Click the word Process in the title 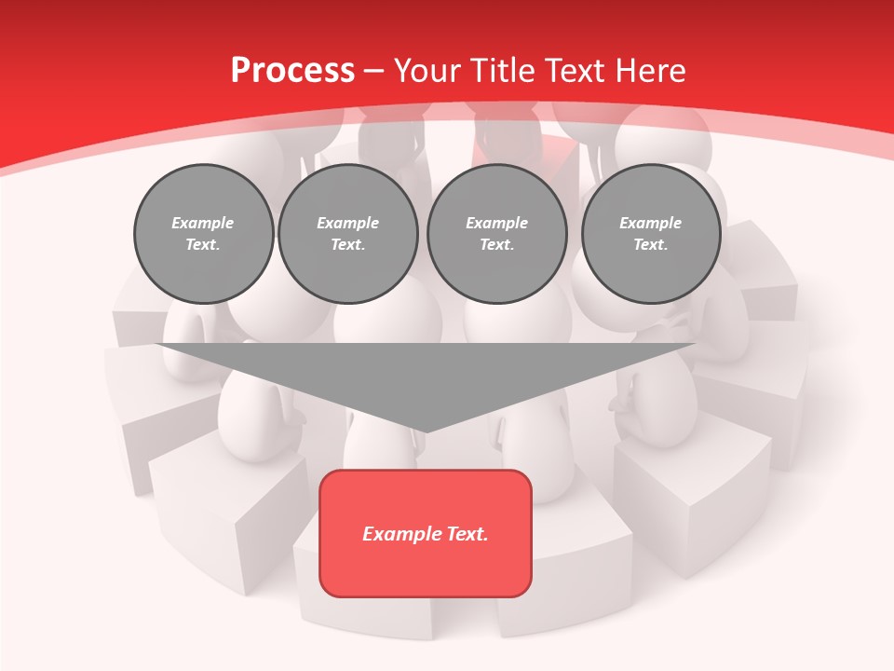pos(292,71)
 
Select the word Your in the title pos(426,71)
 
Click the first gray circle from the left pos(204,234)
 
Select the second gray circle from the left pos(348,234)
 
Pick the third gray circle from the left pos(497,234)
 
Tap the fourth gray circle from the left pos(651,234)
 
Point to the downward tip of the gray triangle pos(426,430)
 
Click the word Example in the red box pos(395,534)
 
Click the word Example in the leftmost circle pos(203,223)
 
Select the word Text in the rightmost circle pos(651,245)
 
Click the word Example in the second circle pos(348,223)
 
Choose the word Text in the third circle pos(497,245)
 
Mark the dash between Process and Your pos(374,71)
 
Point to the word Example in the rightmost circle pos(651,223)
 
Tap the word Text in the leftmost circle pos(203,245)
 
